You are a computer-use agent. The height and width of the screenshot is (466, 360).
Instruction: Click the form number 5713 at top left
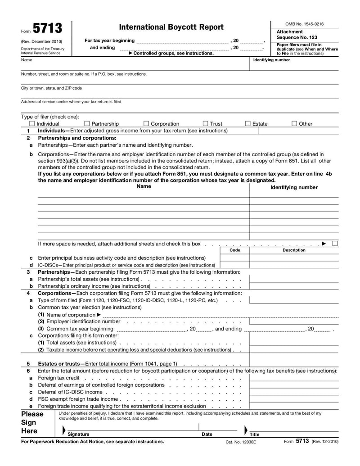tap(47, 29)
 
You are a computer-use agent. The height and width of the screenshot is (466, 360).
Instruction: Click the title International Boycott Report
tap(171, 27)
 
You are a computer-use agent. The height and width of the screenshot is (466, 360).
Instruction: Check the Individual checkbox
tap(32, 123)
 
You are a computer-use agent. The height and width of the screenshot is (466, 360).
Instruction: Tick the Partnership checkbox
tap(87, 123)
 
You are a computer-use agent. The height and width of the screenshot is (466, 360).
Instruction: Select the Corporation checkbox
tap(146, 123)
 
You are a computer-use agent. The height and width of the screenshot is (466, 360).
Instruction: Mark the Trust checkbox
tap(205, 123)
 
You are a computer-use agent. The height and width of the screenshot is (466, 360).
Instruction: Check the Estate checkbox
tap(248, 123)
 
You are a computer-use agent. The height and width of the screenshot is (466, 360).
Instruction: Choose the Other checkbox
tap(294, 123)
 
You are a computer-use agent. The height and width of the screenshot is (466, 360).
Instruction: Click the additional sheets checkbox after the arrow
tap(335, 244)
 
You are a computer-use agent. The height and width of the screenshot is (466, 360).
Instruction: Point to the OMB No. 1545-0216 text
tap(304, 24)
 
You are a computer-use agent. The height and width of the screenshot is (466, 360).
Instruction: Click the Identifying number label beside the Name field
tap(271, 60)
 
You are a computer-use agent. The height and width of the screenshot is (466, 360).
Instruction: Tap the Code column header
tap(234, 250)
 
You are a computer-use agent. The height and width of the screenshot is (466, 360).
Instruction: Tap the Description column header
tap(294, 250)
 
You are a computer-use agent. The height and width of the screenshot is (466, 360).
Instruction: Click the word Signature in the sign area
tap(78, 434)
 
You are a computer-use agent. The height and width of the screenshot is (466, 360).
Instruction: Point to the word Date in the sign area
tap(207, 434)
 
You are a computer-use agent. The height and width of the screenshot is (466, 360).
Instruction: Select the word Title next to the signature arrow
tap(255, 434)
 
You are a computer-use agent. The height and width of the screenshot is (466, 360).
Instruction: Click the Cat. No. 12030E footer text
tap(240, 442)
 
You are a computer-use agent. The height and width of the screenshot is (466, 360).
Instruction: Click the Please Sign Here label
tap(32, 423)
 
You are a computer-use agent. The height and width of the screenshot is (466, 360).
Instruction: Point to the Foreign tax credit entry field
tap(294, 378)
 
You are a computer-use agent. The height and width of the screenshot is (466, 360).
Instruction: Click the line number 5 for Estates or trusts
tap(28, 363)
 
